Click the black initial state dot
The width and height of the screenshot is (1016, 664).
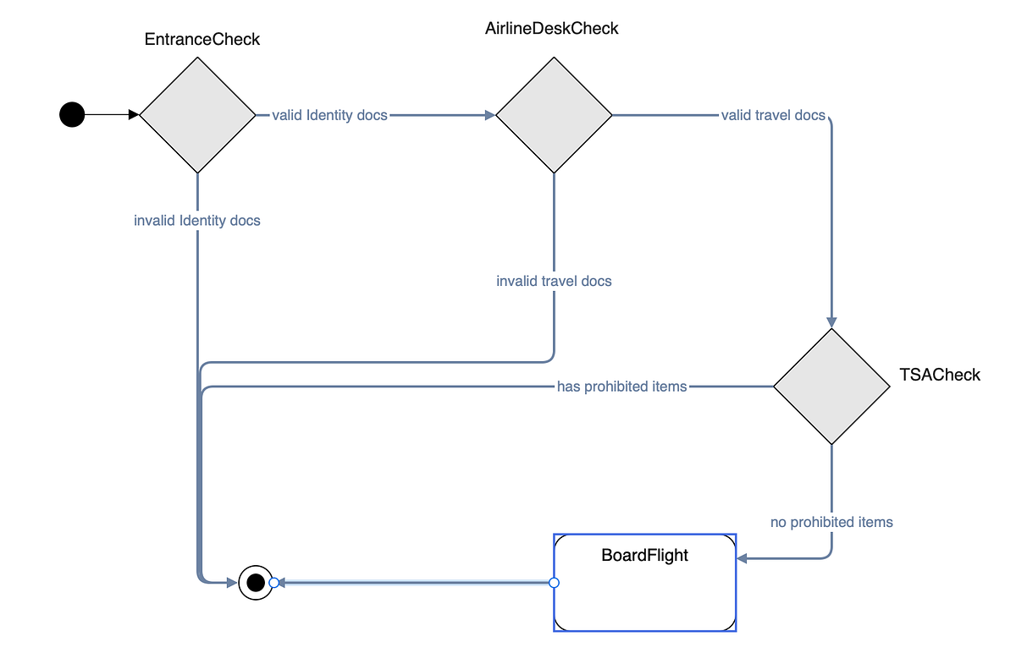pos(72,114)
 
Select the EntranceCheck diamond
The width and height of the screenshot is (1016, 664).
pos(197,115)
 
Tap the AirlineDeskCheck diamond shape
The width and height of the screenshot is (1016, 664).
pos(554,115)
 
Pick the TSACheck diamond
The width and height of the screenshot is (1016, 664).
pos(831,387)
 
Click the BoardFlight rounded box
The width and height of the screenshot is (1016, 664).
pos(644,592)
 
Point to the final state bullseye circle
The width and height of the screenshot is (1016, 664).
pos(255,582)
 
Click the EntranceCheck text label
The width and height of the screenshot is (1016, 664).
pos(202,39)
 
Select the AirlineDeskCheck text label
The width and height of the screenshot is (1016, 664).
pos(552,29)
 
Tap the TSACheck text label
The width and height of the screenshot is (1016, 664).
pos(939,375)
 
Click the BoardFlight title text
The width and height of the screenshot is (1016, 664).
pos(644,556)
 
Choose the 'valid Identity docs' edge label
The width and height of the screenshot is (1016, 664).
pos(329,115)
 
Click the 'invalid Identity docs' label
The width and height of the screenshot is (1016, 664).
pos(197,221)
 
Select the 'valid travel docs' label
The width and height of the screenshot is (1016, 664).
pos(772,115)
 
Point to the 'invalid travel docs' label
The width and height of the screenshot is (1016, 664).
pos(554,281)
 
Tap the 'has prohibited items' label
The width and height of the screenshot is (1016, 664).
pos(621,387)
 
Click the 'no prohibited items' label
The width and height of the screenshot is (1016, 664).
pos(831,522)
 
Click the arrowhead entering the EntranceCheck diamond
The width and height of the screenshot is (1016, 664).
pos(134,114)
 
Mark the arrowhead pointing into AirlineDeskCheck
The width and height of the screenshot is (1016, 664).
pos(489,115)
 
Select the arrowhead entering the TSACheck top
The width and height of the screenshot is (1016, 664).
pos(831,322)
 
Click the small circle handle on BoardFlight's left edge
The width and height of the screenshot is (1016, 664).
pos(554,582)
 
